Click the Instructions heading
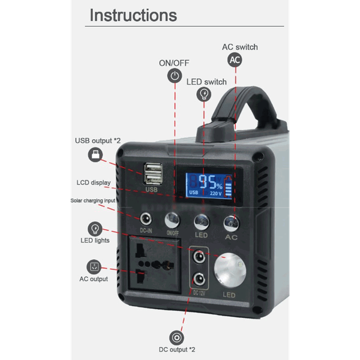[133, 15]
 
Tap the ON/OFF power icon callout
[175, 76]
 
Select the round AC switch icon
[235, 60]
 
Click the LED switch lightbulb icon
[204, 94]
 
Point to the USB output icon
[95, 155]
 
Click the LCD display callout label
[94, 182]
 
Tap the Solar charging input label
[93, 200]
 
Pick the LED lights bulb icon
[95, 229]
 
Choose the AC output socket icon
[94, 267]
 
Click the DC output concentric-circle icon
[176, 338]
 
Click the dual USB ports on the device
[152, 173]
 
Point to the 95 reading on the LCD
[207, 181]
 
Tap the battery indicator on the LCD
[228, 186]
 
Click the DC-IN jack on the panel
[146, 219]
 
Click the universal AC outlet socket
[155, 265]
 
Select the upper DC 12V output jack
[199, 256]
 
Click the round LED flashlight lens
[230, 271]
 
